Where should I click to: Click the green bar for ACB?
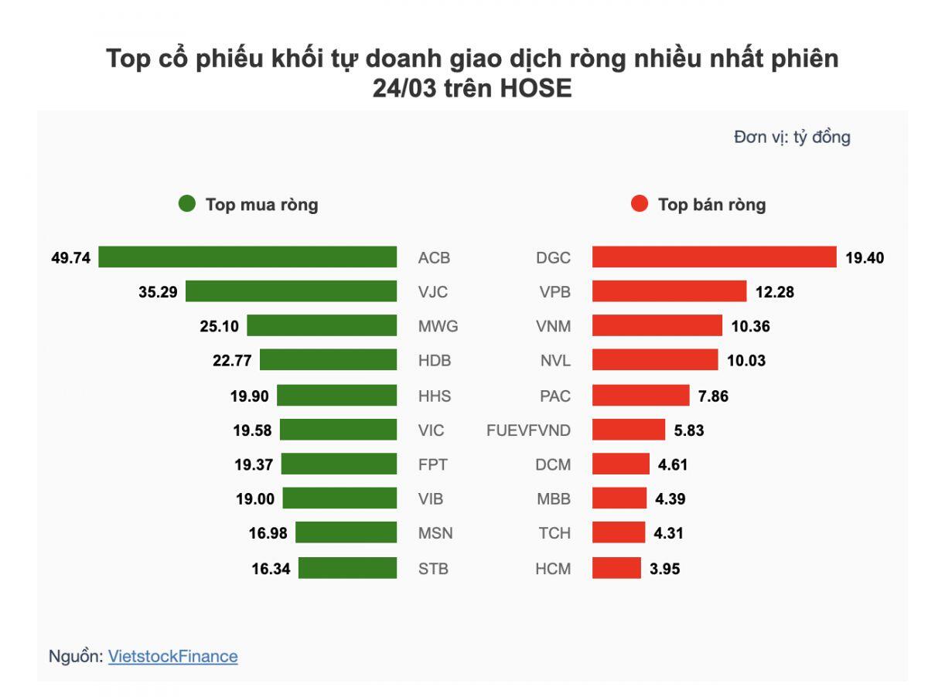(x=247, y=257)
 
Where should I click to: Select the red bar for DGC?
(x=715, y=257)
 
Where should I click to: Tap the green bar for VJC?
(x=291, y=291)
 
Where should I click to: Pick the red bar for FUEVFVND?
(x=629, y=430)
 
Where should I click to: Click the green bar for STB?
(x=347, y=568)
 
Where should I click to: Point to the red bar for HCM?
(x=616, y=568)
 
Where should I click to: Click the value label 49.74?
(x=71, y=258)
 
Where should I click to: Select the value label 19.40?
(x=865, y=258)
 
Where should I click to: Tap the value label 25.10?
(x=220, y=326)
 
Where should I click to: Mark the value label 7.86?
(x=712, y=396)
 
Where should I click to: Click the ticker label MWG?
(x=438, y=326)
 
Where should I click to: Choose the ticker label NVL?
(x=555, y=361)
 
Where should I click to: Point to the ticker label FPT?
(x=432, y=464)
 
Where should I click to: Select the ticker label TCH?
(x=554, y=533)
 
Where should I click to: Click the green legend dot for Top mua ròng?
(x=187, y=205)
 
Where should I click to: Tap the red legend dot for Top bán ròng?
(x=640, y=205)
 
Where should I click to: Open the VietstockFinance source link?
(x=173, y=656)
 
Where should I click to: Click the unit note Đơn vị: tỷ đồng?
(x=792, y=138)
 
